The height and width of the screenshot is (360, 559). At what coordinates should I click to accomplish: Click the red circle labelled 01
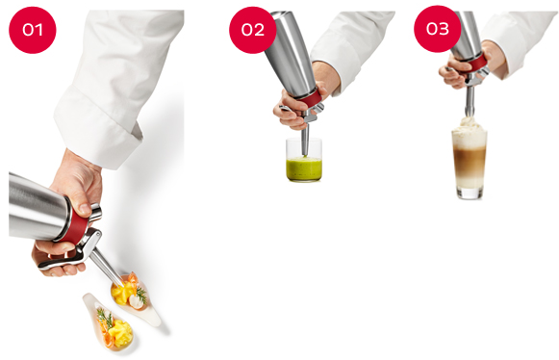point(33,30)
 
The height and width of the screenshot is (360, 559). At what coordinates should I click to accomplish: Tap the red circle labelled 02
point(253,30)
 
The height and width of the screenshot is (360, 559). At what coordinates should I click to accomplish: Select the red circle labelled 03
point(438,29)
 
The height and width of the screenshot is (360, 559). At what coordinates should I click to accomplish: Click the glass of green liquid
point(304,160)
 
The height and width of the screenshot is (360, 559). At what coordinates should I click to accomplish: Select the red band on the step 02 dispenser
point(311,97)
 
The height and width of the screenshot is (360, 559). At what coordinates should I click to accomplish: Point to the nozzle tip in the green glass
point(305,154)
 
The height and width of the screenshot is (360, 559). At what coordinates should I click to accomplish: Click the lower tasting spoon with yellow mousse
point(110,322)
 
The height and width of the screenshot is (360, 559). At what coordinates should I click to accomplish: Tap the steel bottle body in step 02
point(290,54)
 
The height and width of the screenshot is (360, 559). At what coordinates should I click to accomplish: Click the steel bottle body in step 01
point(38,206)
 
